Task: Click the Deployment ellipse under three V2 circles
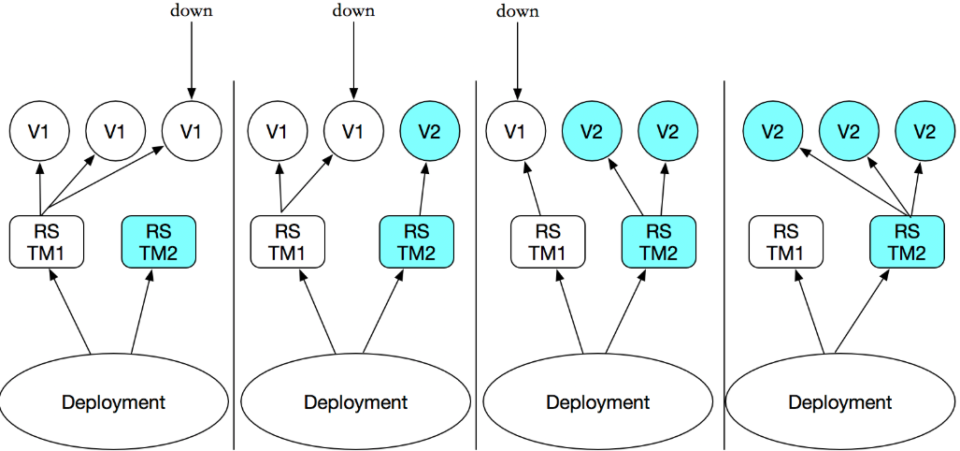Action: [x=840, y=402]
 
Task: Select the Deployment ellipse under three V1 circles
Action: [x=113, y=402]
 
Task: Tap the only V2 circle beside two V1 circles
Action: [x=429, y=131]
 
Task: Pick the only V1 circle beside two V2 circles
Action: [x=513, y=131]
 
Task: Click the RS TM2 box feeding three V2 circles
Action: [x=906, y=241]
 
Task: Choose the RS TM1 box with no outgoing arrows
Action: [x=786, y=241]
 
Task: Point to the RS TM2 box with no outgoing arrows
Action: [x=159, y=241]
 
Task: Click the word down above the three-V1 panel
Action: [x=191, y=11]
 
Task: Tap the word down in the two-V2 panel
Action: [x=518, y=11]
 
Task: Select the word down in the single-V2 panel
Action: [x=353, y=11]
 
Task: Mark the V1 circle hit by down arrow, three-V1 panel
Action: [x=191, y=131]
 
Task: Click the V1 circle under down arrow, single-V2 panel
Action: [x=352, y=131]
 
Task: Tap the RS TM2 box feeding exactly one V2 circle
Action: [x=417, y=241]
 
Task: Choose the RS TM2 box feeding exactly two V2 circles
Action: [x=659, y=241]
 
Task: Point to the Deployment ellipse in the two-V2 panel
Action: [x=598, y=402]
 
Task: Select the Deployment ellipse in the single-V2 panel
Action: [x=355, y=402]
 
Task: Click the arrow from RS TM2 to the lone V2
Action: [x=423, y=190]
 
